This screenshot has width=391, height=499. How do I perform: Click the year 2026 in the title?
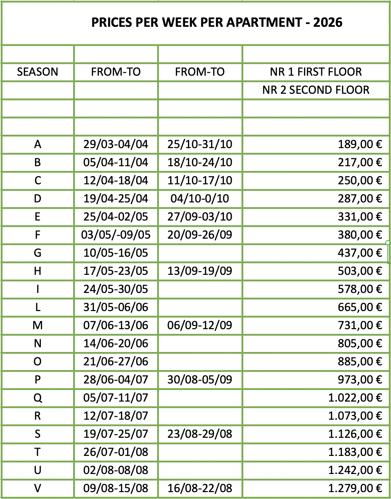[328, 22]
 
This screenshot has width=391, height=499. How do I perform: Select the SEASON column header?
[38, 72]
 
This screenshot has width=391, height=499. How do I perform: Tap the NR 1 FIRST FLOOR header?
[316, 72]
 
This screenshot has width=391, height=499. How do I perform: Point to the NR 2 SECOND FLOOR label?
[316, 90]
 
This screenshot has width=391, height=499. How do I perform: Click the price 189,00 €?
[360, 144]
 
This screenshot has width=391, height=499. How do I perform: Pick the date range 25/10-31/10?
[200, 144]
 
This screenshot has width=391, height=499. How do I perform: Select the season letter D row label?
[38, 198]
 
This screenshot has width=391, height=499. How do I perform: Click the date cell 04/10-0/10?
[200, 198]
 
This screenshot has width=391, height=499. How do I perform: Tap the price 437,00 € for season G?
[360, 253]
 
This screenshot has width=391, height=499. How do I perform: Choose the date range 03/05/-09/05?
[116, 235]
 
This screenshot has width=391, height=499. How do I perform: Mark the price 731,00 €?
[360, 325]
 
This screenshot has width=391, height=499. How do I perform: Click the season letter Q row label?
[38, 398]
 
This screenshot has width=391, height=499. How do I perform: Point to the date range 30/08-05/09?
[200, 380]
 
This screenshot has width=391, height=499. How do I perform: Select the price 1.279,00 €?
[355, 488]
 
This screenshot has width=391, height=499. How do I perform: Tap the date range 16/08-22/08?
[200, 488]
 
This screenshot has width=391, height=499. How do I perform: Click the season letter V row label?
[38, 488]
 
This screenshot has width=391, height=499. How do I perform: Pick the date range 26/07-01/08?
[116, 452]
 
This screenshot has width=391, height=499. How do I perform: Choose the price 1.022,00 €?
[355, 398]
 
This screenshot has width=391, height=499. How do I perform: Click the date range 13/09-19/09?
[200, 271]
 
